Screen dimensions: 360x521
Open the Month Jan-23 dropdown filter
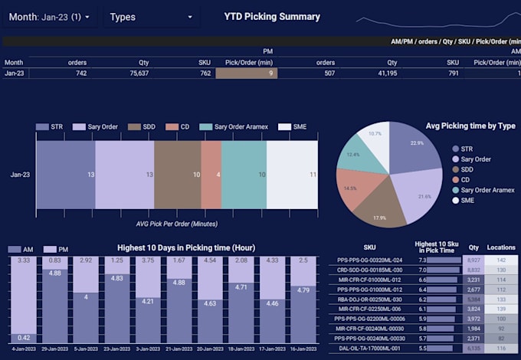(x=49, y=17)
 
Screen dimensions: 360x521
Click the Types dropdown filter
(x=151, y=17)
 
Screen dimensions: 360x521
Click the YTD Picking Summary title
(x=271, y=16)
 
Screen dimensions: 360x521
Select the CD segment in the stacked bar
(x=211, y=175)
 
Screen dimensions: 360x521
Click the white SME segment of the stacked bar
(x=292, y=175)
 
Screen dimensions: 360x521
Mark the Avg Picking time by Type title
(x=470, y=126)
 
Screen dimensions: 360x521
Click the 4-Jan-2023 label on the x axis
(x=23, y=348)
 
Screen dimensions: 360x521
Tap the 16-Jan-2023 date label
(x=303, y=348)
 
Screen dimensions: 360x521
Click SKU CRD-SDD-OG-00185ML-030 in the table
(x=370, y=270)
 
